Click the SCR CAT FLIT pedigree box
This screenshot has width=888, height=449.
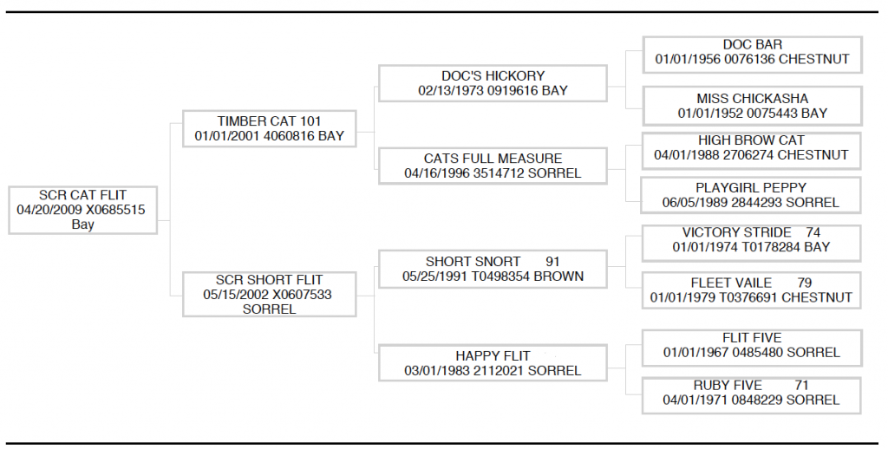coord(82,210)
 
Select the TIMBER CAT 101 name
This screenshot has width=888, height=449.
coord(269,121)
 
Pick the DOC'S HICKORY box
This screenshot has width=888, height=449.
coord(493,83)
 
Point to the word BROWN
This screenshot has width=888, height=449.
coord(558,277)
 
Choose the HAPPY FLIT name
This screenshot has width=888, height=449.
coord(493,356)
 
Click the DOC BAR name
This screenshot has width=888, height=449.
coord(752,45)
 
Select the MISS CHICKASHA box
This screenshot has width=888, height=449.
coord(752,106)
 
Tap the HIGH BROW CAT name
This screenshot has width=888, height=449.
coord(751,140)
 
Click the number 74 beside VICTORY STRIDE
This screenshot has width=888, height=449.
coord(813,232)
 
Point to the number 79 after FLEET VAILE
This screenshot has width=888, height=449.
coord(804,283)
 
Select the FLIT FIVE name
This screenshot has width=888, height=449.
coord(752,338)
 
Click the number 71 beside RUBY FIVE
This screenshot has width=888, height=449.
coord(801,386)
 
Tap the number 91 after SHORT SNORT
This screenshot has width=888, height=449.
coord(552,262)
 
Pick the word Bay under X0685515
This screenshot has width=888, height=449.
coord(82,224)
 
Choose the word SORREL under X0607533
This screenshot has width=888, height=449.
coord(269,309)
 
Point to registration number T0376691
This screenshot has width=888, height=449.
coord(748,298)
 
